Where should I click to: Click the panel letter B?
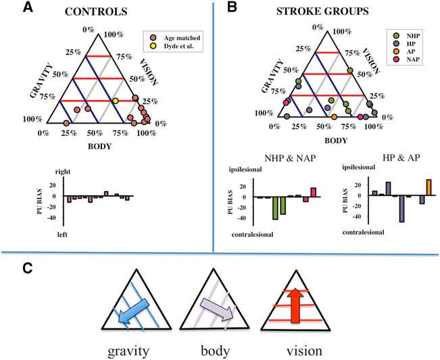click(231, 9)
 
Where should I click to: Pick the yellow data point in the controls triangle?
click(116, 101)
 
